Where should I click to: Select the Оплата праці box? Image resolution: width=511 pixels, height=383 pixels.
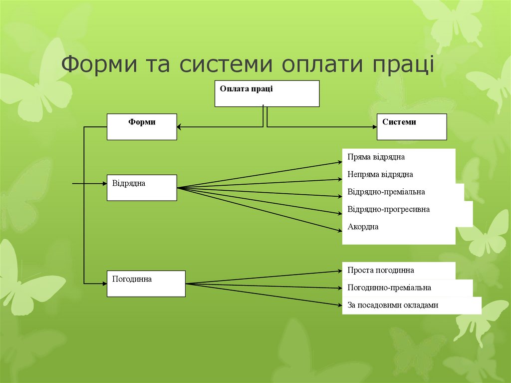[x=266, y=93]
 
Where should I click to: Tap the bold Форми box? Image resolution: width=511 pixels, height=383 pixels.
[x=142, y=126]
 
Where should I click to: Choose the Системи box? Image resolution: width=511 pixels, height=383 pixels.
[x=411, y=126]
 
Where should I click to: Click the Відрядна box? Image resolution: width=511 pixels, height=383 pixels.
[x=142, y=187]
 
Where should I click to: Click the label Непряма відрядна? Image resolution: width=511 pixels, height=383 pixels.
[x=380, y=174]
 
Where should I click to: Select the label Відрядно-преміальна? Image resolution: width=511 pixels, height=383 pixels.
[x=386, y=192]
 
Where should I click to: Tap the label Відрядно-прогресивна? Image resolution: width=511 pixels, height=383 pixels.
[x=388, y=209]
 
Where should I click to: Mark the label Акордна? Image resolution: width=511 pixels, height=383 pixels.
[x=363, y=227]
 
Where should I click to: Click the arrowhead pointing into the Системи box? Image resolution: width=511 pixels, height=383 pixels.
[x=373, y=127]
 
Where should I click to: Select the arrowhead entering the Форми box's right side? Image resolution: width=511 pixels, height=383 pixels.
[x=180, y=127]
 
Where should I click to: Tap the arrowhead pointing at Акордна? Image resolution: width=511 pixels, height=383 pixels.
[x=339, y=230]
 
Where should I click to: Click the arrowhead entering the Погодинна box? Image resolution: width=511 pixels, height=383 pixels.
[x=104, y=284]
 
